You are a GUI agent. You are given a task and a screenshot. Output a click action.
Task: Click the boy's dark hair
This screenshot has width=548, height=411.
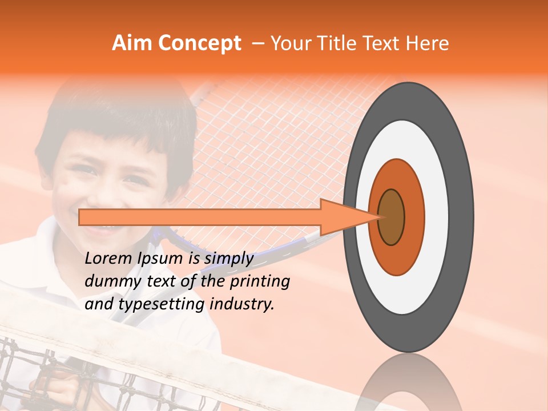pos(114,123)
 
